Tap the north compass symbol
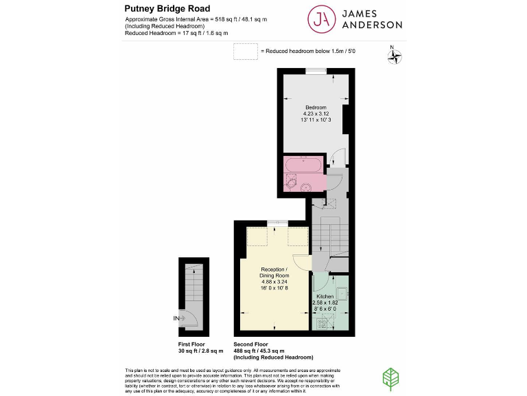point(394,56)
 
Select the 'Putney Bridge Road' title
point(163,8)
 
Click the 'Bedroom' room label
point(316,108)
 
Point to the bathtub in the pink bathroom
point(303,166)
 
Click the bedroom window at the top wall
point(316,70)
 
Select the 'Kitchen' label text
point(325,296)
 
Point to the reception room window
point(277,221)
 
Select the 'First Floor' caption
point(191,344)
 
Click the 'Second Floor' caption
point(251,344)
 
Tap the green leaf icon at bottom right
point(391,379)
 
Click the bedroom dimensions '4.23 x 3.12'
point(316,114)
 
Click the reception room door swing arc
point(301,262)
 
